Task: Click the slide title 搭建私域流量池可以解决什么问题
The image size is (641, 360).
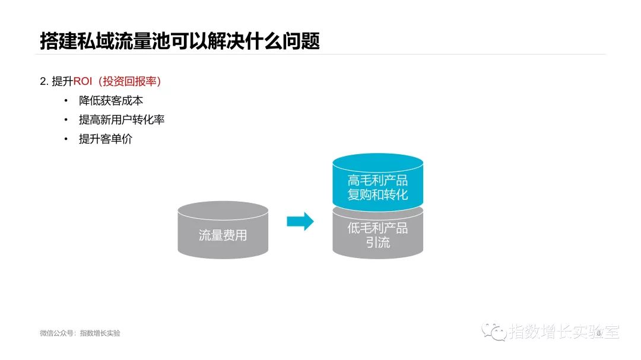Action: tap(180, 41)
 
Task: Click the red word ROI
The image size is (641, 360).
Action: tap(84, 82)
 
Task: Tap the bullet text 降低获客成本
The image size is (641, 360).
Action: tap(111, 101)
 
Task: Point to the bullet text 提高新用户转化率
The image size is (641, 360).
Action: tap(122, 120)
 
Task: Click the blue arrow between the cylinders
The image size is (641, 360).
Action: tap(300, 222)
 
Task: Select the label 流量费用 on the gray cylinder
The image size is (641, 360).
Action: tap(223, 235)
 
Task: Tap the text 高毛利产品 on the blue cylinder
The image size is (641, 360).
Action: tap(377, 180)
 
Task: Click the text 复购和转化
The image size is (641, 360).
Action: tap(377, 195)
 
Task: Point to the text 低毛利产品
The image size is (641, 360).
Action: tap(377, 228)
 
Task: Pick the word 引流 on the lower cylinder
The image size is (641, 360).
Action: tap(377, 243)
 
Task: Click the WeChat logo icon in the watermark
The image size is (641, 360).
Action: tap(494, 332)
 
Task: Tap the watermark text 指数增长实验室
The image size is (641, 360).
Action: tap(564, 332)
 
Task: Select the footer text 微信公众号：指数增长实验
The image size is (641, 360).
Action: tap(80, 333)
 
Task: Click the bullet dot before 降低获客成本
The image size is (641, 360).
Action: tap(66, 101)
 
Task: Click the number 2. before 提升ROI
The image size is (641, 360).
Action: tap(44, 82)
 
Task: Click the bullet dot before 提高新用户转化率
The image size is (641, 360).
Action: tap(66, 120)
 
